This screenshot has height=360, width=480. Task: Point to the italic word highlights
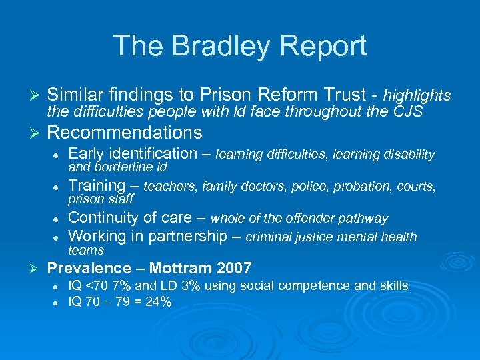coord(417,97)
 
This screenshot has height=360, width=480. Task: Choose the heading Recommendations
coord(125,132)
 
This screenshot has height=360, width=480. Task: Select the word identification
coord(151,153)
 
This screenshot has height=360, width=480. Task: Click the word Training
coord(97,185)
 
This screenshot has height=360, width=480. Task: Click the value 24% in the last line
coord(159,302)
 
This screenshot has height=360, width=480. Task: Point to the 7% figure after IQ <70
coord(124,286)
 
